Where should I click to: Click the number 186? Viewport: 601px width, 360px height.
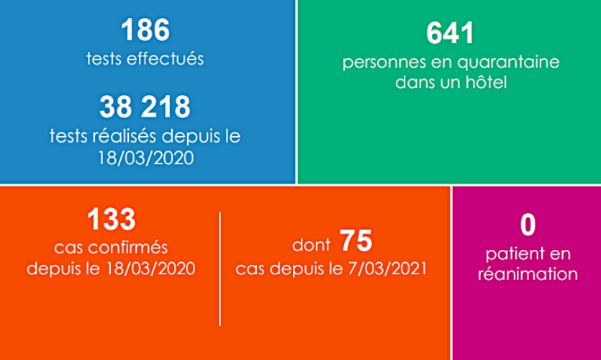pyautogui.click(x=145, y=31)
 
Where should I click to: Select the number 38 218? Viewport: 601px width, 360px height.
pyautogui.click(x=145, y=107)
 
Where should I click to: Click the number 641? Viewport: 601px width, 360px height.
pyautogui.click(x=451, y=33)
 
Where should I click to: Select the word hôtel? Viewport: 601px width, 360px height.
pyautogui.click(x=488, y=82)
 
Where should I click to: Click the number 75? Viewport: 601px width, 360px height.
pyautogui.click(x=356, y=241)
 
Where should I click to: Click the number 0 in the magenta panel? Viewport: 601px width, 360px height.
pyautogui.click(x=528, y=225)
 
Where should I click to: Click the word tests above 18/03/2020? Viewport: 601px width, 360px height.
pyautogui.click(x=68, y=135)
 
